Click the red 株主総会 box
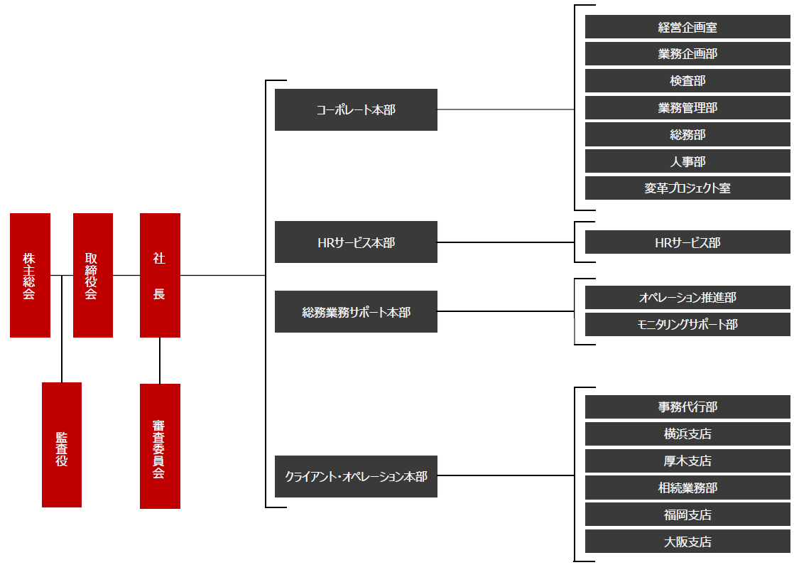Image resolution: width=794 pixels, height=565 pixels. [x=30, y=275]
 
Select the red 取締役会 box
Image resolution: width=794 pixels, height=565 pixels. [x=92, y=275]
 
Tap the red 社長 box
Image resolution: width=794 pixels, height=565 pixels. [x=160, y=275]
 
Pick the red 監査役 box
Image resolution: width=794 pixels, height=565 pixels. [x=62, y=445]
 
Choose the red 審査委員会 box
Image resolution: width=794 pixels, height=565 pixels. [x=160, y=446]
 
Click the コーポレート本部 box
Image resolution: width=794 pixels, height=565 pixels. [x=356, y=109]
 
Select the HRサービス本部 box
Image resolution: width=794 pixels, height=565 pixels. [x=356, y=242]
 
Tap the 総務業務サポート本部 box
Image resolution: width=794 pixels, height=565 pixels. [x=356, y=311]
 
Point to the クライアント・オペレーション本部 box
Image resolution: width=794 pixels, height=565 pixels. [x=356, y=476]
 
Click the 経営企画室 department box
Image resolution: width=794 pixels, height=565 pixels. [x=687, y=27]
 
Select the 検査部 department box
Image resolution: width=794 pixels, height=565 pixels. [x=687, y=81]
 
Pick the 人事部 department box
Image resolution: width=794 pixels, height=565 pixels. [x=687, y=161]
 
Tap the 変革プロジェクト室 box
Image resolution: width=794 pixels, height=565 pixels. [x=687, y=188]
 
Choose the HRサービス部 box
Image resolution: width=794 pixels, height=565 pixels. [x=687, y=242]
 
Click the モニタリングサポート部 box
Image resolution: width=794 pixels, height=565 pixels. [x=687, y=324]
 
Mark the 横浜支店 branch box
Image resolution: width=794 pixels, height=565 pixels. [x=687, y=434]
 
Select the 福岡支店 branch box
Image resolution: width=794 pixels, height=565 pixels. [x=687, y=515]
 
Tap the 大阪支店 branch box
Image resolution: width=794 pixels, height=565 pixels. [x=687, y=542]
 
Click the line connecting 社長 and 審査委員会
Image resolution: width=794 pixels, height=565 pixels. [x=160, y=360]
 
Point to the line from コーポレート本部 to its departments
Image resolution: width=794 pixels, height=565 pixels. [x=504, y=109]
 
